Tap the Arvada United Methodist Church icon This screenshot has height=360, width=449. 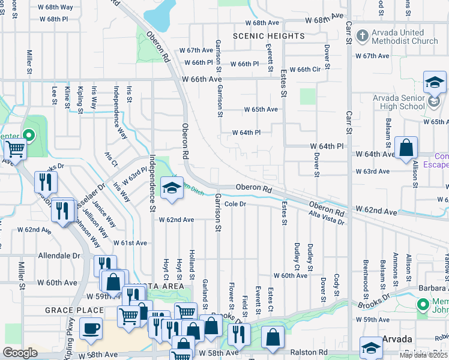pos(362,36)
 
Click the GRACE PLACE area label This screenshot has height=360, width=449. pos(66,310)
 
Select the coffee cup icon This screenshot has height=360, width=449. pos(91,328)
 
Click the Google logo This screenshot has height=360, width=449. pos(20,353)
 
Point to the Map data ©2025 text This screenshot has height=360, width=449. pos(423,355)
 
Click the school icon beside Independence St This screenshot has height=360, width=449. pos(172,188)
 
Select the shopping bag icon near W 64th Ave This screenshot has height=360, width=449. pos(406,148)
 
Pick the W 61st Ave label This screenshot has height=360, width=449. pos(130,243)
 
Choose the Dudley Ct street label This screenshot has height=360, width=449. pos(297,254)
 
